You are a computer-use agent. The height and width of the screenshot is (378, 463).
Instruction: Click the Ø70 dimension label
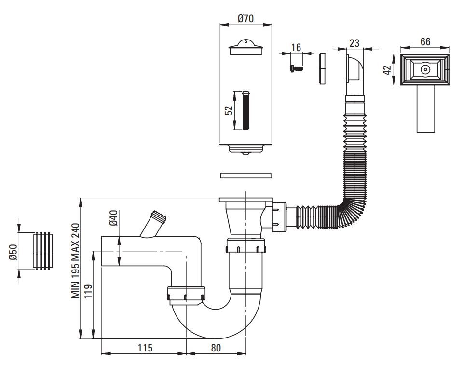point(246,19)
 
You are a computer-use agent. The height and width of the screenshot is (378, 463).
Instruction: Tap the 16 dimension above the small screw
point(296,47)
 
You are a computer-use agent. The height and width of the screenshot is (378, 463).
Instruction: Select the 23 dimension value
point(354,42)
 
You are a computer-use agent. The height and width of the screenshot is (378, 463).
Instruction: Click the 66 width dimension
point(425,41)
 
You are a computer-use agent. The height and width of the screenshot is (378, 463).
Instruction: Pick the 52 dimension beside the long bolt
point(230,110)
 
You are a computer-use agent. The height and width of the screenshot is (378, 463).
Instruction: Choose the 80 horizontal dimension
point(216,348)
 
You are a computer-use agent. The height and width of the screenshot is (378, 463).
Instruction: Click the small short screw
point(297,69)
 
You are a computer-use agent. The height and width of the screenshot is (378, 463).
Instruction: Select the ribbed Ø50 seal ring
point(42,250)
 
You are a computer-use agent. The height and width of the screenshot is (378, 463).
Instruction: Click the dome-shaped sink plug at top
point(246,48)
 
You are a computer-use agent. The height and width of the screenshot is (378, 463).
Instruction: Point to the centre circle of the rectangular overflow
point(425,69)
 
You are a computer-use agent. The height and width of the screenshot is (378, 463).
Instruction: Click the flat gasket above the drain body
point(246,175)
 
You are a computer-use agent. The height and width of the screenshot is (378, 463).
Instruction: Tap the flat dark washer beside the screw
point(323,68)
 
